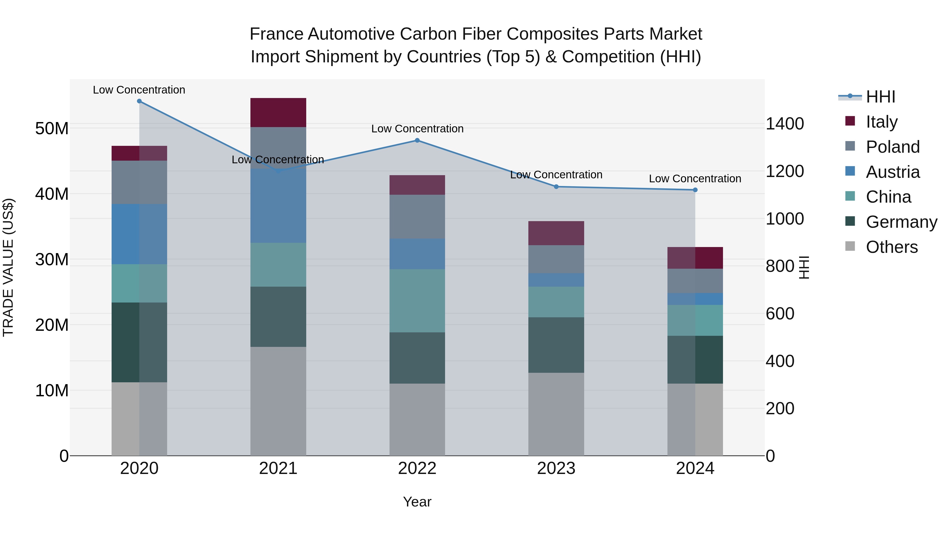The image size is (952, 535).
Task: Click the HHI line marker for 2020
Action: [x=139, y=101]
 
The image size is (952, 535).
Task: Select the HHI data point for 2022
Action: [x=417, y=140]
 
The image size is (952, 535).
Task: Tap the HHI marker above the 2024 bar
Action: [x=695, y=190]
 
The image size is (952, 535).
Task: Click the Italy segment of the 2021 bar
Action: [x=278, y=113]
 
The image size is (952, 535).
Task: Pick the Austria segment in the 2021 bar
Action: [x=278, y=206]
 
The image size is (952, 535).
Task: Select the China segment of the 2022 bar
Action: [x=417, y=301]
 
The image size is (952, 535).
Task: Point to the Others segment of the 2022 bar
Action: [x=417, y=420]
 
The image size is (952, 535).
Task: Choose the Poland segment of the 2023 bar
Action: [x=556, y=259]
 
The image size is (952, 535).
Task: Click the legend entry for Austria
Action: [x=892, y=172]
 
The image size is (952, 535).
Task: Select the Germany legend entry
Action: [x=901, y=222]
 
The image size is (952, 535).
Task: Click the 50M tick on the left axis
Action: [x=52, y=128]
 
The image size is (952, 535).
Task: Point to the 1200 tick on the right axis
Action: [x=785, y=171]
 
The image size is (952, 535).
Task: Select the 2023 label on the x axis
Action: [x=556, y=468]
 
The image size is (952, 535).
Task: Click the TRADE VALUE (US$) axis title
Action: [x=8, y=267]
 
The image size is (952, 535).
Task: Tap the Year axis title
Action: [x=417, y=502]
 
